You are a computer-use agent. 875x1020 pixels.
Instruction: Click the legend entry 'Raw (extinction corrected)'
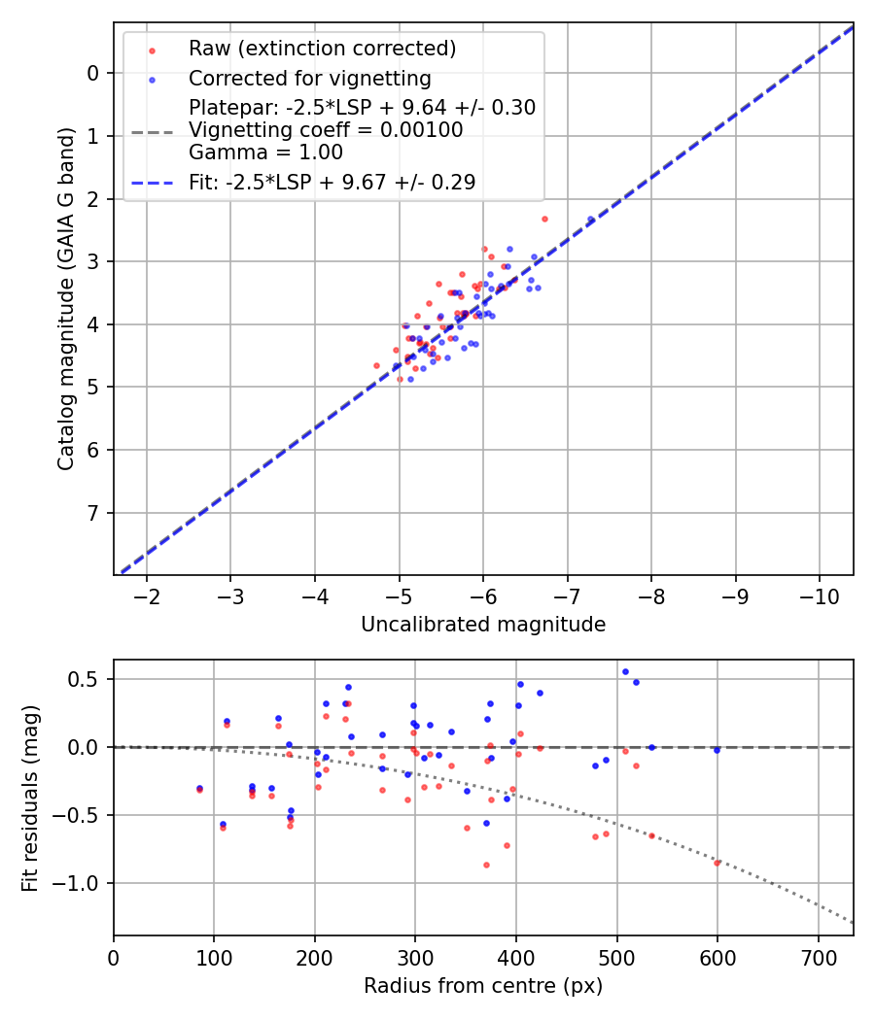point(322,49)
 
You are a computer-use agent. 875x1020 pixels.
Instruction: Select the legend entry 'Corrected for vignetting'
point(309,78)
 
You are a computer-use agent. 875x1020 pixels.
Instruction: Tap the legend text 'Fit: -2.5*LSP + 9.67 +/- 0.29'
point(332,182)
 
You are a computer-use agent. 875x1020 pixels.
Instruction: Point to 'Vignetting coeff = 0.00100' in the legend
point(326,130)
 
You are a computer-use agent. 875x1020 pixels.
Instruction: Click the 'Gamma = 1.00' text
point(265,153)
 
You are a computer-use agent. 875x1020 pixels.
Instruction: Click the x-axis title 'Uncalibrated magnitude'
point(483,625)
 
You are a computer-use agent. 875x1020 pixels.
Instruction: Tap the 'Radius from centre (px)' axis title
point(483,986)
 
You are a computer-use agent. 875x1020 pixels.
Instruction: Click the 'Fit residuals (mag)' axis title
point(31,799)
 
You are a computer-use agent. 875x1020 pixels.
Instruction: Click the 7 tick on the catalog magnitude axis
point(93,513)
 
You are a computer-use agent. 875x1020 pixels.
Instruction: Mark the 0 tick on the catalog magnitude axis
point(93,73)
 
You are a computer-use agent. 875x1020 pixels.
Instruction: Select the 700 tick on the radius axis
point(818,958)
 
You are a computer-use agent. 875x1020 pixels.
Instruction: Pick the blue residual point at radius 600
point(717,750)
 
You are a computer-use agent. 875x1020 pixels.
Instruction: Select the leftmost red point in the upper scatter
point(377,365)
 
